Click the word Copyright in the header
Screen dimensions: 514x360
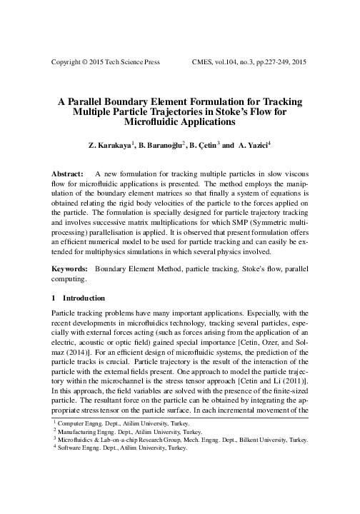(68, 62)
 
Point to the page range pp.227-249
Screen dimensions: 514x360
(267, 62)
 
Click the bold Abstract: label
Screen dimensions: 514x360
(69, 174)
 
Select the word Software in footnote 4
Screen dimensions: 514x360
(71, 489)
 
